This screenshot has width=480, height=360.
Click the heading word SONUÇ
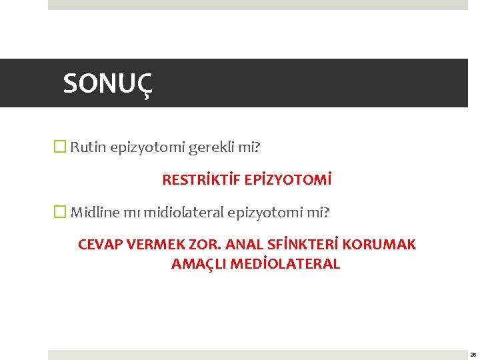(107, 84)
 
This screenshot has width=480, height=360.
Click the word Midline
(95, 213)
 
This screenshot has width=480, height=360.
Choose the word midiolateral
(183, 213)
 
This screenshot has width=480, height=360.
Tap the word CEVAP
(100, 245)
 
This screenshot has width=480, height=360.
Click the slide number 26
(473, 355)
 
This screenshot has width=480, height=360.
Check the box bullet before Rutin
(61, 147)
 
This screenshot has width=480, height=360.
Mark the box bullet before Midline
(61, 213)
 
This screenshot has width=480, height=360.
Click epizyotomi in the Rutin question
(151, 147)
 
